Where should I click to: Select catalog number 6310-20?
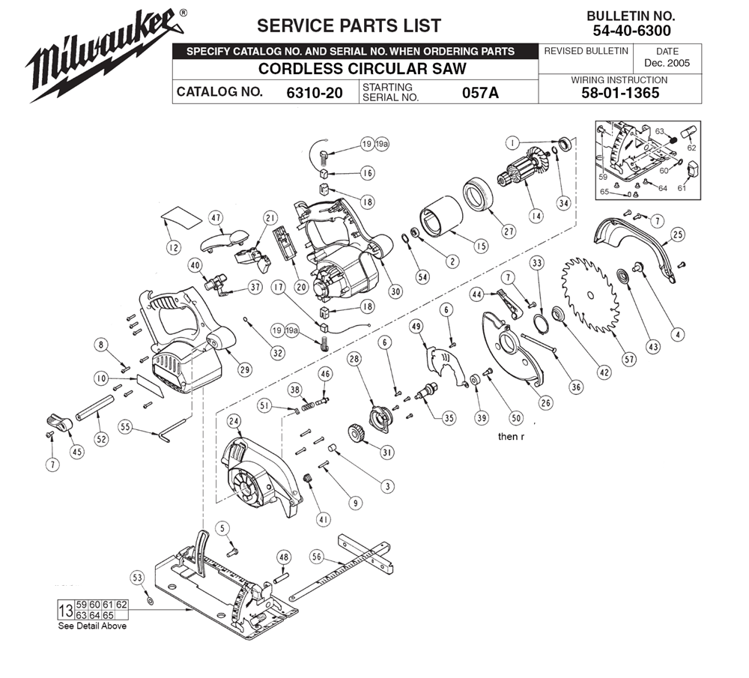315,92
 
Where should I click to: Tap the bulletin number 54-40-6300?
631,31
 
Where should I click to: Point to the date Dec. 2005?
667,63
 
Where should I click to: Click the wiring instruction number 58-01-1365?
620,93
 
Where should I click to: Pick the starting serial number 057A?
480,92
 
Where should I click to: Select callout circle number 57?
630,360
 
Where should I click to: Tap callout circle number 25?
678,234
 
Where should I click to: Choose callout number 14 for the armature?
536,216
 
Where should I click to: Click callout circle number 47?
216,218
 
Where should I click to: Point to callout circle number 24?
234,421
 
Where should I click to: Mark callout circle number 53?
137,578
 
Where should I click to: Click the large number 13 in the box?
65,610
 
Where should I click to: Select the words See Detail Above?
92,626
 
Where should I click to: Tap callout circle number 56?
317,557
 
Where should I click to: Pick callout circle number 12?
174,247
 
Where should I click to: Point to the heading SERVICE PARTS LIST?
349,25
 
